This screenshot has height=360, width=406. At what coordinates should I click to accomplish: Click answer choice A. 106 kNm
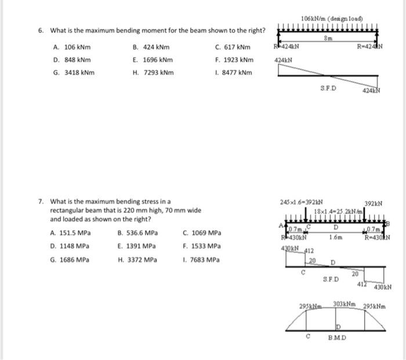click(x=71, y=48)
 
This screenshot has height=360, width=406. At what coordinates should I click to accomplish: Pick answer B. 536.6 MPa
click(x=137, y=233)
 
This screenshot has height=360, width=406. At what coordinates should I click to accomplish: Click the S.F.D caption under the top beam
click(x=328, y=88)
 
